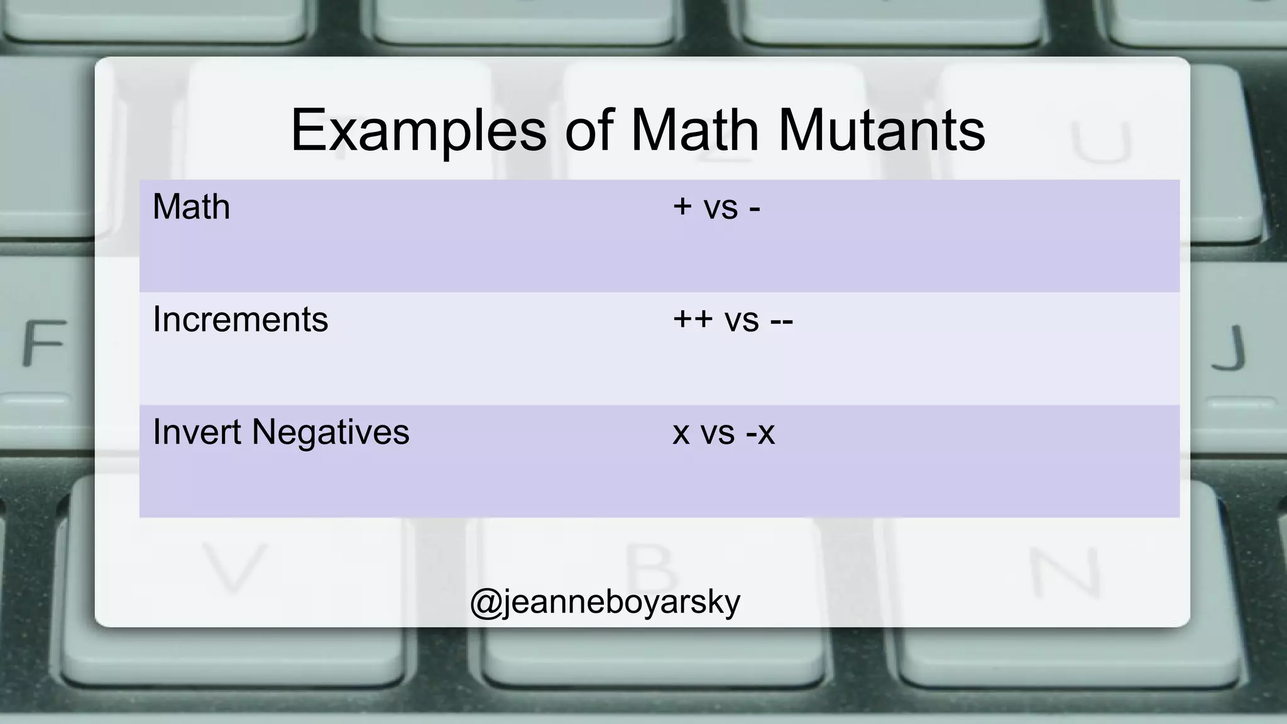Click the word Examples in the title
point(418,131)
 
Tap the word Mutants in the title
point(881,131)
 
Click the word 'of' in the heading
point(588,131)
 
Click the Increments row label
point(240,319)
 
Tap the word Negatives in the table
point(331,432)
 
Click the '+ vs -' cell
point(716,207)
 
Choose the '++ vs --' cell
point(733,319)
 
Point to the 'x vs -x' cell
point(723,432)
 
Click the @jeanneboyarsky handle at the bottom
point(605,601)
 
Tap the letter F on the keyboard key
point(44,343)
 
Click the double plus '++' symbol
point(693,319)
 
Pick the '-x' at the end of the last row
point(760,432)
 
